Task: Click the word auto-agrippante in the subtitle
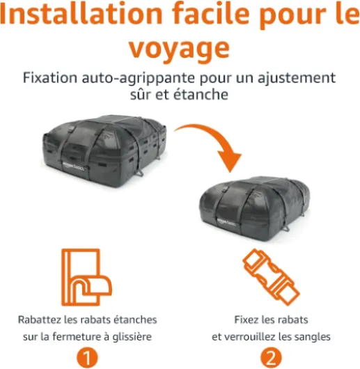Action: tap(138, 78)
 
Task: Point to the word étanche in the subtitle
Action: tap(201, 95)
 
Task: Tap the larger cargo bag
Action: tap(104, 151)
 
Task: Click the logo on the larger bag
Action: tap(73, 166)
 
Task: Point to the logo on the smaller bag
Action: tap(227, 222)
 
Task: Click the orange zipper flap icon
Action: tap(86, 277)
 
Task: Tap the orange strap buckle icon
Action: tap(271, 277)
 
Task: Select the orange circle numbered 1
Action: tap(87, 359)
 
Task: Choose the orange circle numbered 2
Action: tap(271, 359)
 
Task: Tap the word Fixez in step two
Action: tap(246, 320)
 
